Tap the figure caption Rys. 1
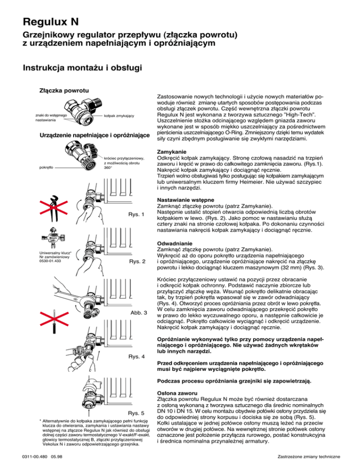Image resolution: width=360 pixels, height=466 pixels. (x=136, y=215)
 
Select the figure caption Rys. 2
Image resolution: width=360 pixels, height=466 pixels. (x=136, y=261)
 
